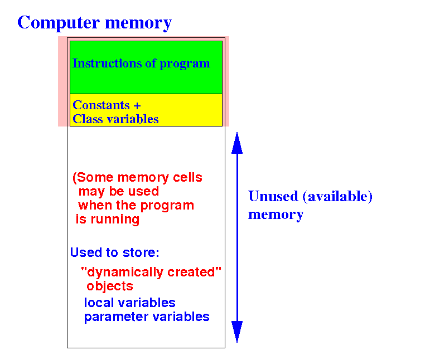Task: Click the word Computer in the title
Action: [59, 23]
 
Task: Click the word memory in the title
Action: [138, 23]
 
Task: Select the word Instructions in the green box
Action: [107, 64]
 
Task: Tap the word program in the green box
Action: [185, 65]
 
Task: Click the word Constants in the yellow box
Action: [101, 105]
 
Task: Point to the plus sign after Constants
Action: [137, 106]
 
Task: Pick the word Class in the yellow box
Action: [88, 119]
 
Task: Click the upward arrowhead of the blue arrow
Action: [237, 143]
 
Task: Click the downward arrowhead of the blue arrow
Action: [237, 332]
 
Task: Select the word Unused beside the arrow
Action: [273, 196]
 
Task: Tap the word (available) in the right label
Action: [337, 197]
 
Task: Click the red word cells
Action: [187, 178]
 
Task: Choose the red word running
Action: [115, 220]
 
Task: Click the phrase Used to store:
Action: [115, 252]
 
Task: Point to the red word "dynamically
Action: [123, 273]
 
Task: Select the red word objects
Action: [110, 286]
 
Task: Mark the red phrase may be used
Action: [119, 192]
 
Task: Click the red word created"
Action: [195, 272]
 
